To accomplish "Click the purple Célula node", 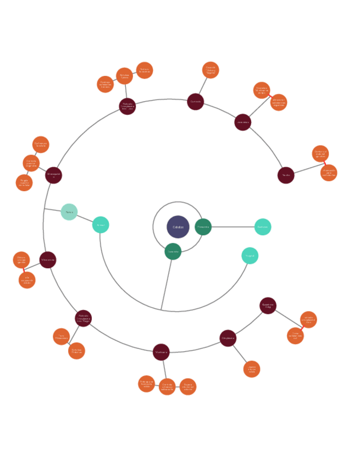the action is point(178,227).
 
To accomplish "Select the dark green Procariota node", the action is point(203,226).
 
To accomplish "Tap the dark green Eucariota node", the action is point(173,251).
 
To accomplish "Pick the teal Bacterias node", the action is point(263,227).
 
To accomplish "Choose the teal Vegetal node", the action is point(250,256).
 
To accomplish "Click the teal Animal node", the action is point(101,225).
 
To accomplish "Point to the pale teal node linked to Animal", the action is point(69,212).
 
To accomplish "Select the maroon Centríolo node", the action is point(195,102).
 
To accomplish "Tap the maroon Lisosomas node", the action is point(242,122).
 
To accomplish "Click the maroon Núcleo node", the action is point(286,175).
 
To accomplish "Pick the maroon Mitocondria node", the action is point(48,260).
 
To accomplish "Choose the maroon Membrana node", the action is point(161,352).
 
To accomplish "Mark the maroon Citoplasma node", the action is point(228,338).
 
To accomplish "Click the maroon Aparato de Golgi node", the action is point(268,306).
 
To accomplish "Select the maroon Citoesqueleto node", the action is point(53,175).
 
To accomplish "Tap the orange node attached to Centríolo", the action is point(211,70).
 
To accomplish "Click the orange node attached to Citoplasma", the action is point(252,369).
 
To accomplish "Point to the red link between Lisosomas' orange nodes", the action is point(270,96).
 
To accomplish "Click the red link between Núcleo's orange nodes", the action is point(324,163).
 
